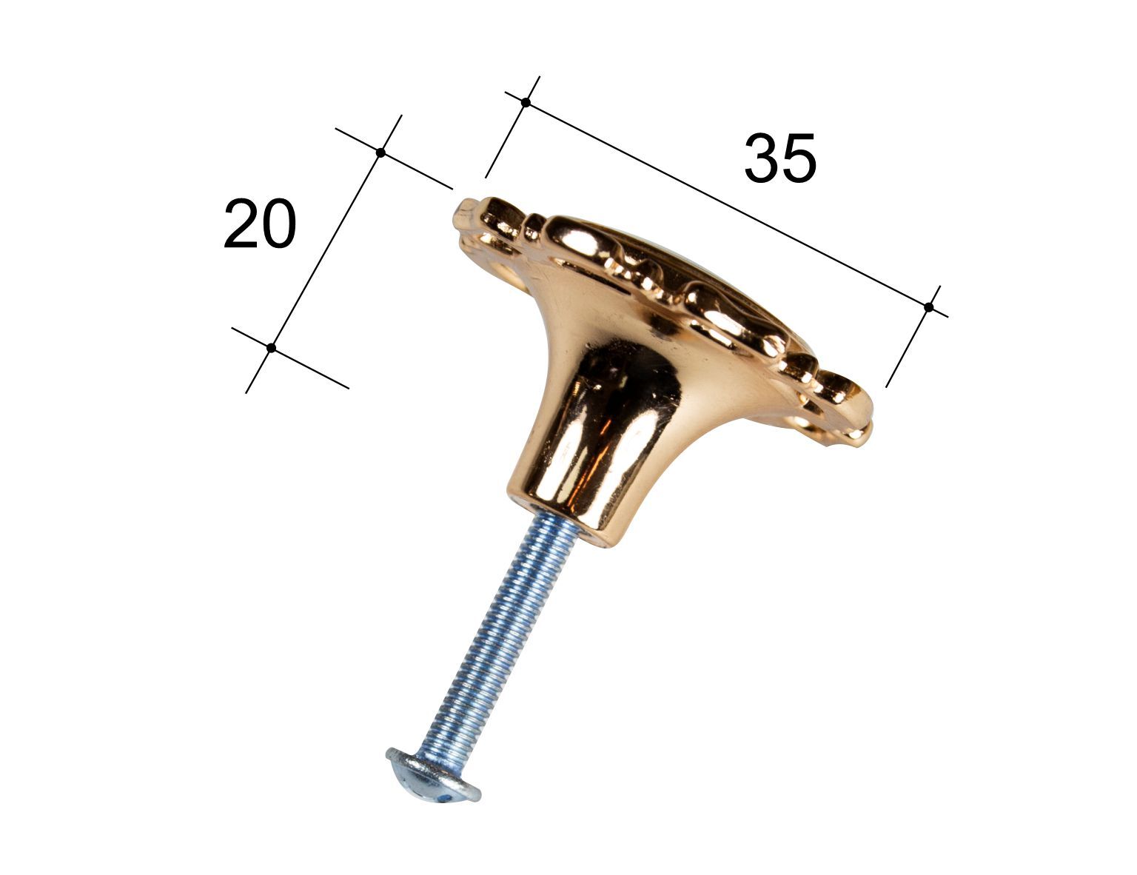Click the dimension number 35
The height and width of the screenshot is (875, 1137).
click(x=779, y=158)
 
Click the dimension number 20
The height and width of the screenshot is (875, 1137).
click(x=260, y=224)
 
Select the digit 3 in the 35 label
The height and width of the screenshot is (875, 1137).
click(x=761, y=158)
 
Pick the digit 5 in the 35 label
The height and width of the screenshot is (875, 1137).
click(x=799, y=158)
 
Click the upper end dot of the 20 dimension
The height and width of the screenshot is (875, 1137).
click(x=381, y=152)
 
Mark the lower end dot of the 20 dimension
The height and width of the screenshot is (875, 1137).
click(x=271, y=348)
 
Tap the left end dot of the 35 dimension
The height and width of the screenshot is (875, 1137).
click(x=526, y=102)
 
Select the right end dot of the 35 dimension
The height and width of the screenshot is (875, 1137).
click(x=929, y=307)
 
